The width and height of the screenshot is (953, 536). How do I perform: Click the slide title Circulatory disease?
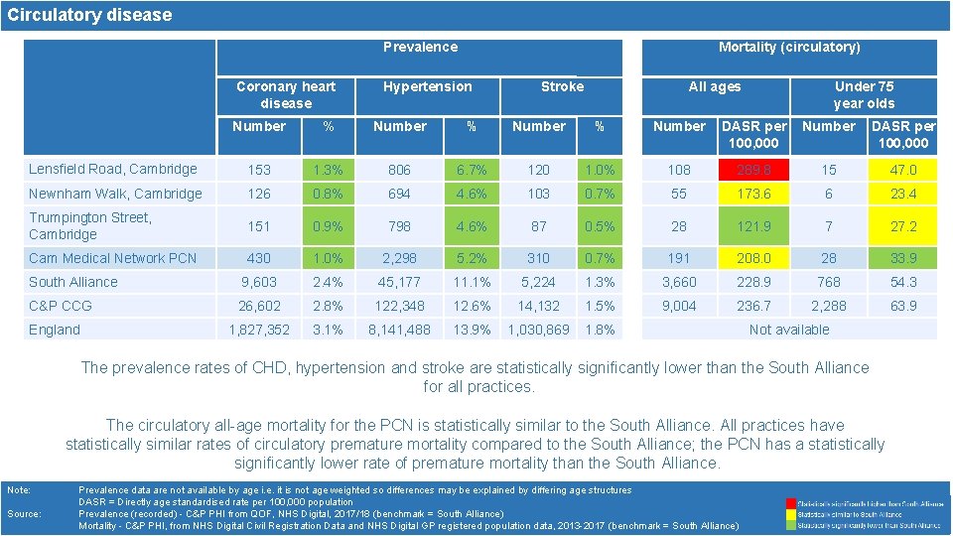pyautogui.click(x=90, y=15)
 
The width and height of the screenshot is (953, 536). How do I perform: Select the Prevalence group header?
pyautogui.click(x=420, y=47)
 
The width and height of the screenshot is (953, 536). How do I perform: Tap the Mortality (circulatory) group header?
pyautogui.click(x=789, y=47)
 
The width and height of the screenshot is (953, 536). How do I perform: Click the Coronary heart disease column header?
pyautogui.click(x=286, y=94)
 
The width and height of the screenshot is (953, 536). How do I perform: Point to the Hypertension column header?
pyautogui.click(x=428, y=86)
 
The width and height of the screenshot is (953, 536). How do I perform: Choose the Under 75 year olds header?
pyautogui.click(x=864, y=94)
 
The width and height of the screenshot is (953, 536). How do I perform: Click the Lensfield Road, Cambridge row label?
pyautogui.click(x=113, y=170)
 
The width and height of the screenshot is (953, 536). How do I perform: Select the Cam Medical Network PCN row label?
pyautogui.click(x=113, y=258)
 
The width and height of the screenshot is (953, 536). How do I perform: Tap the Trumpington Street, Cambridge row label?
pyautogui.click(x=90, y=226)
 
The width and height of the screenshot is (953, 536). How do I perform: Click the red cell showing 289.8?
pyautogui.click(x=754, y=170)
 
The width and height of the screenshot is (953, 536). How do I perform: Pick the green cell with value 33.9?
pyautogui.click(x=902, y=258)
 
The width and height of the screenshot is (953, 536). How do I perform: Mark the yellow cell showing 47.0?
pyautogui.click(x=902, y=170)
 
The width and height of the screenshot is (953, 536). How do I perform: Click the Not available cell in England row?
pyautogui.click(x=789, y=330)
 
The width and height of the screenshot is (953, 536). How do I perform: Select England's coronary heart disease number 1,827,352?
pyautogui.click(x=259, y=330)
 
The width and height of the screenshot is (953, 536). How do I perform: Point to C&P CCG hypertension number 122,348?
pyautogui.click(x=399, y=306)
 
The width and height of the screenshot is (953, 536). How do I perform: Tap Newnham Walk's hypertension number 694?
pyautogui.click(x=399, y=194)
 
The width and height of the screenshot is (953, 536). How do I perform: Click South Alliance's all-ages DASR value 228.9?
pyautogui.click(x=754, y=282)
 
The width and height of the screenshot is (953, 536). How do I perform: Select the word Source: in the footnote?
pyautogui.click(x=24, y=514)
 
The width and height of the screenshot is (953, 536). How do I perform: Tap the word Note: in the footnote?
pyautogui.click(x=19, y=490)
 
